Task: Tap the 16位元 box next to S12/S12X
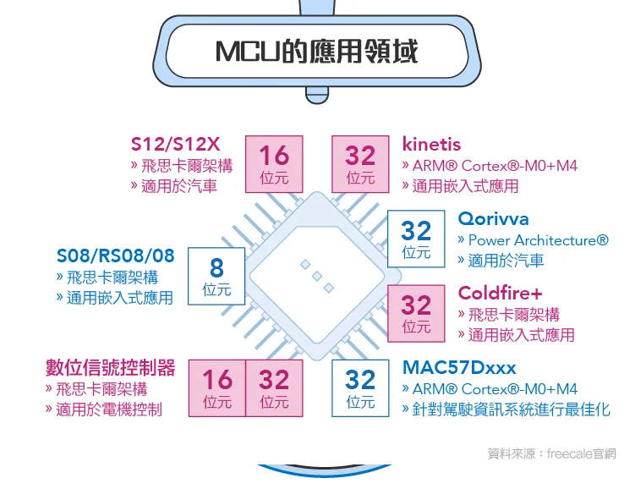[274, 163]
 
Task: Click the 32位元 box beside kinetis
[360, 163]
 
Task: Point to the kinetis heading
[431, 144]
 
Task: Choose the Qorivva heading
[493, 219]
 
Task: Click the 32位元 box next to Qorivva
[416, 238]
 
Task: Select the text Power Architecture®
[538, 240]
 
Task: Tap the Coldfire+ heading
[500, 294]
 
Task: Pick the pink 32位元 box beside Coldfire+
[416, 312]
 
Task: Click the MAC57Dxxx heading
[459, 368]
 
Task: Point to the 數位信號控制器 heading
[110, 368]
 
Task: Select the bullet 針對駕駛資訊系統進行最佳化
[511, 409]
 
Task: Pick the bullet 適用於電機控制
[108, 409]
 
